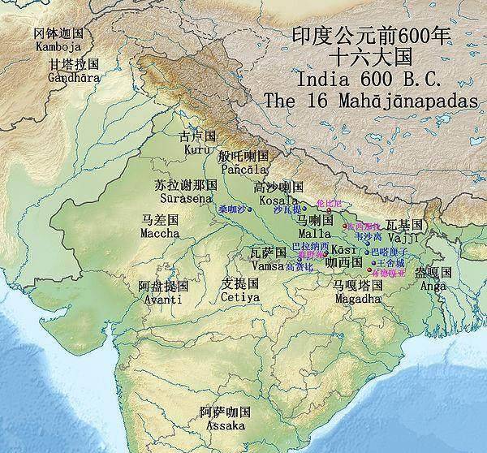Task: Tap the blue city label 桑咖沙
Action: [x=231, y=209]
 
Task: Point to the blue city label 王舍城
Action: [x=385, y=264]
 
